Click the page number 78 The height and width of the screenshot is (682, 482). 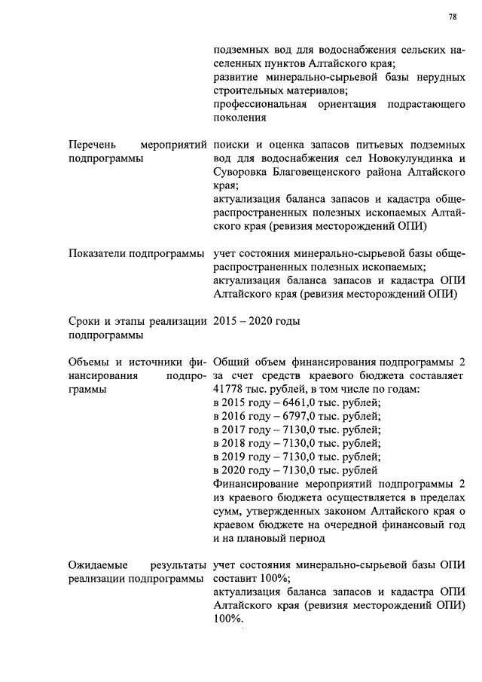(x=452, y=17)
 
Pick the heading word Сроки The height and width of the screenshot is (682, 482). (x=83, y=322)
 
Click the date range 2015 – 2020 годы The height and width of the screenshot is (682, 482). (x=257, y=322)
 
